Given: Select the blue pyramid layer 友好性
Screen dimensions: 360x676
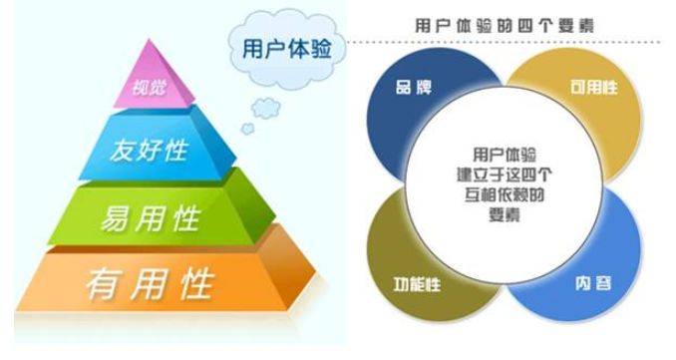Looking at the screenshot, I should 150,153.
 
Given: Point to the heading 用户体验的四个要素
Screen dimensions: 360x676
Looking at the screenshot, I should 505,25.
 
